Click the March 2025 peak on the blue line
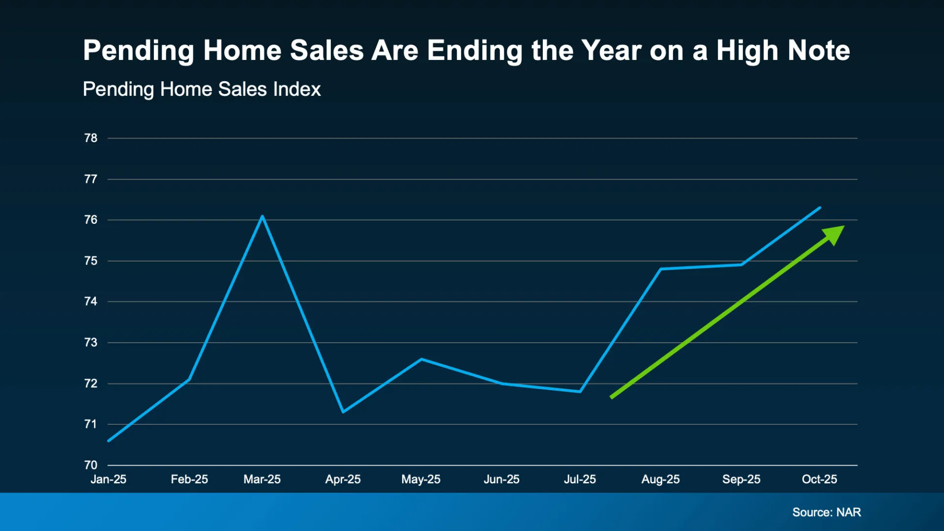pyautogui.click(x=263, y=216)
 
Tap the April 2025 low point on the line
pyautogui.click(x=343, y=412)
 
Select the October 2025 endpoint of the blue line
pyautogui.click(x=820, y=207)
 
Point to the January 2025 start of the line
pyautogui.click(x=109, y=441)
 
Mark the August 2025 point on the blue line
pyautogui.click(x=661, y=269)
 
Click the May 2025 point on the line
pyautogui.click(x=421, y=359)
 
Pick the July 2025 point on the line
pyautogui.click(x=580, y=391)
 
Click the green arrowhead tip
pyautogui.click(x=843, y=227)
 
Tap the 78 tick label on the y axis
pyautogui.click(x=91, y=138)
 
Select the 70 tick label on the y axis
pyautogui.click(x=91, y=465)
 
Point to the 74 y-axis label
pyautogui.click(x=91, y=301)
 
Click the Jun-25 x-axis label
pyautogui.click(x=501, y=479)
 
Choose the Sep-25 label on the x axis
pyautogui.click(x=741, y=479)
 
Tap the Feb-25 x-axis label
pyautogui.click(x=189, y=479)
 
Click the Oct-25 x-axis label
pyautogui.click(x=819, y=479)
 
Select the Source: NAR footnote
pyautogui.click(x=826, y=512)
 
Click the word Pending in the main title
pyautogui.click(x=139, y=51)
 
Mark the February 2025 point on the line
pyautogui.click(x=189, y=379)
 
